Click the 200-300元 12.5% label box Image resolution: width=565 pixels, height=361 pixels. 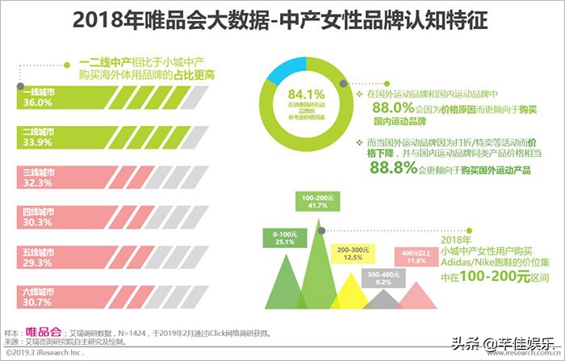(354, 253)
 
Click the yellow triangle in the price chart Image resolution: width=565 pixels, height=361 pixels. (355, 295)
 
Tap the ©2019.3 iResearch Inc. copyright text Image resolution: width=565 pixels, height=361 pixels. (44, 352)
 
